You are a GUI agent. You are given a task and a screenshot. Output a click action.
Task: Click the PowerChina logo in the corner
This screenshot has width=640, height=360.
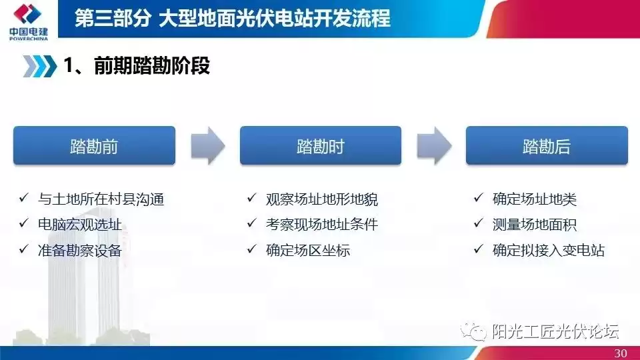click(28, 20)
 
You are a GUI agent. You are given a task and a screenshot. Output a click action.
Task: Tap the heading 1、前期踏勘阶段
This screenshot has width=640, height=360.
click(137, 66)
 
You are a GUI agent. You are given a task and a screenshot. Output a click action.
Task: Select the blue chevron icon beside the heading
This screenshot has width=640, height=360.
click(40, 66)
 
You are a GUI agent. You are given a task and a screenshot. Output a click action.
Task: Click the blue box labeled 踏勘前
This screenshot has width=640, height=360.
click(94, 146)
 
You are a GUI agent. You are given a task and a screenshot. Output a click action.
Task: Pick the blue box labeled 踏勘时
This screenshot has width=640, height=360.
click(320, 146)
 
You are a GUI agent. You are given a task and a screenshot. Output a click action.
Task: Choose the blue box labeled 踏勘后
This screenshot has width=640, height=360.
click(546, 146)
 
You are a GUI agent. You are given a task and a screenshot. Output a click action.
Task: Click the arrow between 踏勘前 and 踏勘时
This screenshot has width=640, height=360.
click(207, 146)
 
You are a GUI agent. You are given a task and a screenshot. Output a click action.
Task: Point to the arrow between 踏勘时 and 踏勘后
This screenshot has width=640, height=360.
click(433, 146)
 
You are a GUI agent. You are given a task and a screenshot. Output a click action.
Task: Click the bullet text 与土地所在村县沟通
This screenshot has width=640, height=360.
click(101, 199)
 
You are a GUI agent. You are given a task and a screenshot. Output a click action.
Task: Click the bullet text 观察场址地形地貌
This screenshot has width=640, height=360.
click(322, 199)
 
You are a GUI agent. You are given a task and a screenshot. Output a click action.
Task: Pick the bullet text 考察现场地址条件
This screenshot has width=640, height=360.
click(322, 224)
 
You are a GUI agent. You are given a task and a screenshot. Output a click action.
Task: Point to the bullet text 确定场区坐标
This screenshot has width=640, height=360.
click(308, 250)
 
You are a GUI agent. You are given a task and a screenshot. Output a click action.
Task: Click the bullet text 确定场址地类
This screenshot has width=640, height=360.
click(535, 199)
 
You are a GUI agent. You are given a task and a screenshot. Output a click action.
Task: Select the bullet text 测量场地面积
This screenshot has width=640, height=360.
click(535, 224)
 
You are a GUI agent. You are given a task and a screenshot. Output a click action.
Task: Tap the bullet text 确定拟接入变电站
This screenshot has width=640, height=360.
click(549, 250)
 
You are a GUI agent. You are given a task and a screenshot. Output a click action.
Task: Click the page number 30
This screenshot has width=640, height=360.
click(620, 353)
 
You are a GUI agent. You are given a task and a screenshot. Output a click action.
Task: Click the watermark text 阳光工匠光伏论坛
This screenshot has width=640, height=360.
click(555, 331)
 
